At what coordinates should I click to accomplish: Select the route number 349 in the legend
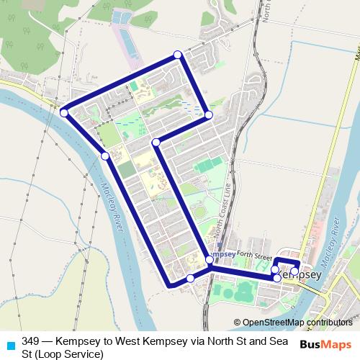click(x=30, y=341)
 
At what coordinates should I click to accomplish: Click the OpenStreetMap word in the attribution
click(x=274, y=323)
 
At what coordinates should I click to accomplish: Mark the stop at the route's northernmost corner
click(x=178, y=55)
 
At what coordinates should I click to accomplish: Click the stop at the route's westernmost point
click(x=64, y=112)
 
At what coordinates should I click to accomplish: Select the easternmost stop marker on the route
click(x=294, y=271)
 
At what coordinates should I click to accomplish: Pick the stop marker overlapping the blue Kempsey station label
click(x=210, y=259)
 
